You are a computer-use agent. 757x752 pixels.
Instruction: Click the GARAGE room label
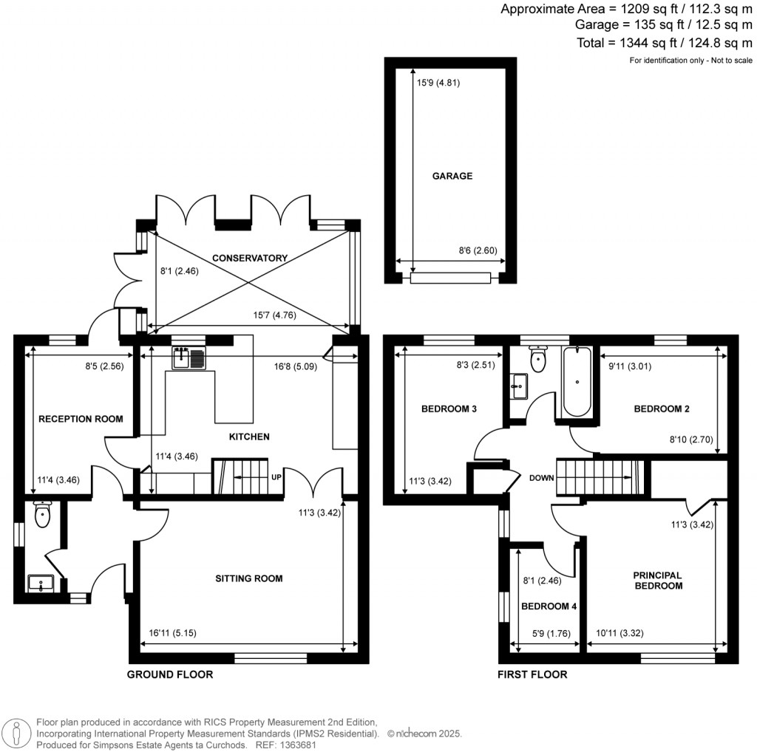point(452,177)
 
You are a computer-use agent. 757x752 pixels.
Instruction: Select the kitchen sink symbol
point(189,359)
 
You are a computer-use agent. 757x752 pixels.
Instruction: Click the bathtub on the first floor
point(576,382)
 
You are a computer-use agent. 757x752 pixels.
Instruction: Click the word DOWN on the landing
point(541,478)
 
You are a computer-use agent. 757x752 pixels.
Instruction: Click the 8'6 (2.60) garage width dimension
point(478,250)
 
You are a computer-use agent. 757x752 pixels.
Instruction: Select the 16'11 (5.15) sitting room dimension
point(173,633)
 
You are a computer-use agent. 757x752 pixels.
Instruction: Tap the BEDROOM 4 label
point(548,606)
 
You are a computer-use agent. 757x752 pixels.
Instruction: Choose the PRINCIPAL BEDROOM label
point(656,580)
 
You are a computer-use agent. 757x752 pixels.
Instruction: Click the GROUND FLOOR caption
point(170,674)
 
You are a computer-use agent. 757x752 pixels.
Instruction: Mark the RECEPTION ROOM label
point(80,419)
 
